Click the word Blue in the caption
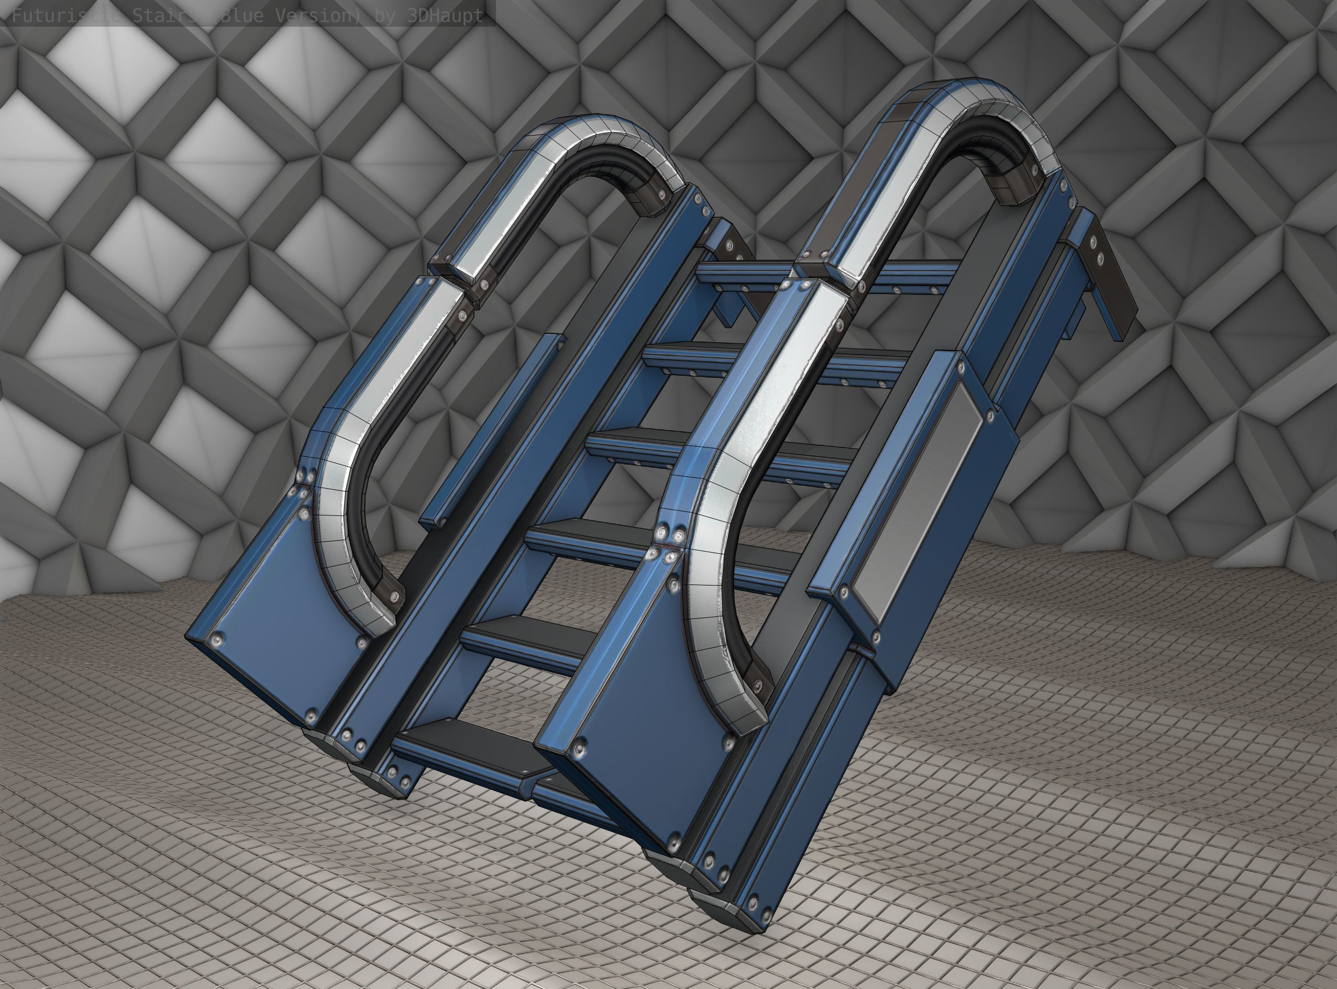coord(246,16)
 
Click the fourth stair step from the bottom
coord(629,440)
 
